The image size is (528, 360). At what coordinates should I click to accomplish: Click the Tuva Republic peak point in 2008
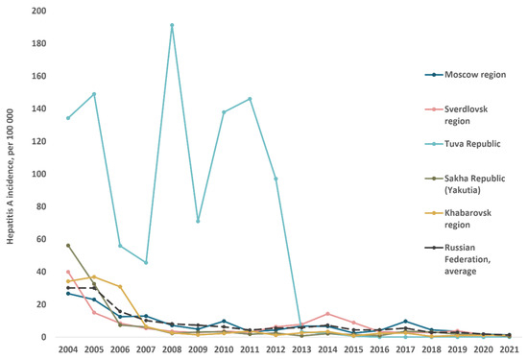(172, 25)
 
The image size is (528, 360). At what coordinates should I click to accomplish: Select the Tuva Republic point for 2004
(68, 118)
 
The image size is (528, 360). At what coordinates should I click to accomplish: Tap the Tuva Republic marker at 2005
(94, 93)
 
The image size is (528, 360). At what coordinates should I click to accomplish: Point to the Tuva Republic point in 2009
(198, 221)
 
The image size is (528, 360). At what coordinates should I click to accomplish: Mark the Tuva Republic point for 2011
(250, 99)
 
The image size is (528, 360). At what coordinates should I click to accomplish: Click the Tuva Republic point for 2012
(276, 179)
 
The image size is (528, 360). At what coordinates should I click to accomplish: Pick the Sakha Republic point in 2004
(68, 246)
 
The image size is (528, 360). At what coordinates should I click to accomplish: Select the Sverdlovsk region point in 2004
(68, 272)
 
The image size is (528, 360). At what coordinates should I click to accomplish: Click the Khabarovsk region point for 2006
(120, 286)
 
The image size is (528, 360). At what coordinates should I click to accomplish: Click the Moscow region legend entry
(470, 74)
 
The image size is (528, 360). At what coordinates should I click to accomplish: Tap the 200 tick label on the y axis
(38, 12)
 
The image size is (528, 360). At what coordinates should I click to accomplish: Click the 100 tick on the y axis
(38, 174)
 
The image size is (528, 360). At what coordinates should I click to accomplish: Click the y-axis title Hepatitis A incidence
(10, 174)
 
